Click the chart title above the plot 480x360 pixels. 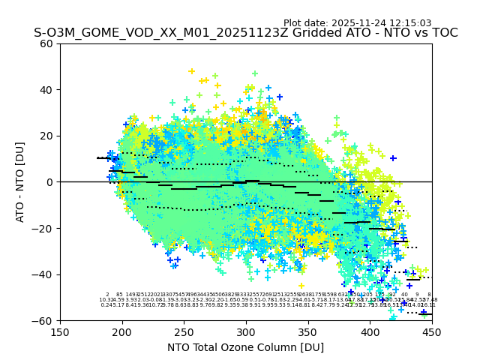(245, 34)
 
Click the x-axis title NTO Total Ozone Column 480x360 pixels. (245, 347)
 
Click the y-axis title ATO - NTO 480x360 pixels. (21, 181)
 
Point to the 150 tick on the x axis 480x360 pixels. (60, 331)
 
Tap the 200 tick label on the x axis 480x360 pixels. (122, 331)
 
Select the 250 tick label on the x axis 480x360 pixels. (184, 331)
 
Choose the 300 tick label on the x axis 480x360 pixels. (246, 331)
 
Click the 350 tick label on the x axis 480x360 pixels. (307, 331)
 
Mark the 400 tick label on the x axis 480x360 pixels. (370, 331)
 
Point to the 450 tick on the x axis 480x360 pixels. (432, 331)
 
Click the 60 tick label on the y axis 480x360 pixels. (46, 43)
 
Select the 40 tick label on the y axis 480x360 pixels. (46, 90)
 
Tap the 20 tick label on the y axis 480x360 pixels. (46, 136)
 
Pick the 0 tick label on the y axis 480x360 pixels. (49, 182)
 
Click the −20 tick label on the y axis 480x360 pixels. (43, 228)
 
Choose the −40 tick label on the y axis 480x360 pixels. (43, 274)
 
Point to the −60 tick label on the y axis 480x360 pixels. (43, 320)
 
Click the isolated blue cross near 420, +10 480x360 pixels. (393, 158)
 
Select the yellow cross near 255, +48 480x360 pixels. (191, 71)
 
